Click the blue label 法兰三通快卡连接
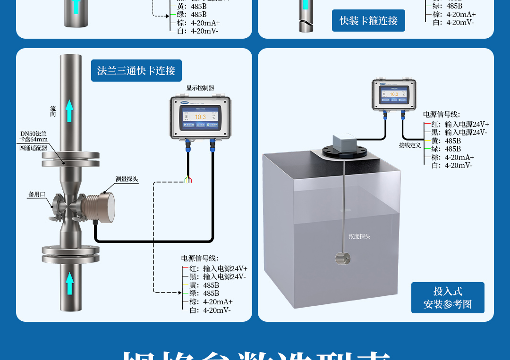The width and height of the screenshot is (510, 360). (136, 71)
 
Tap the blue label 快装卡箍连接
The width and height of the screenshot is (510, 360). (368, 21)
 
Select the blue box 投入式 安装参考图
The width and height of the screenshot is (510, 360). (447, 298)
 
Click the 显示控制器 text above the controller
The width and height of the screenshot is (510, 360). (200, 88)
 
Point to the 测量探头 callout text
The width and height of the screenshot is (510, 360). (127, 179)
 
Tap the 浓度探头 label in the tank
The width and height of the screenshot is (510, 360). (359, 236)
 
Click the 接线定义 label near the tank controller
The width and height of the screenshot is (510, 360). (409, 145)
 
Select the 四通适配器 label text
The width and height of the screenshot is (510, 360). (33, 148)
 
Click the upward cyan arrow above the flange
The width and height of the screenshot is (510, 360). (70, 110)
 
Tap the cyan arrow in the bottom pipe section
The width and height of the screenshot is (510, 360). (70, 283)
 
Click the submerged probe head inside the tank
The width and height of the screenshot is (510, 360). (343, 258)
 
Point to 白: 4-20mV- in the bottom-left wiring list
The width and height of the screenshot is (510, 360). (210, 310)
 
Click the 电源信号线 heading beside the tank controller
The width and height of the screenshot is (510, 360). (441, 114)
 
